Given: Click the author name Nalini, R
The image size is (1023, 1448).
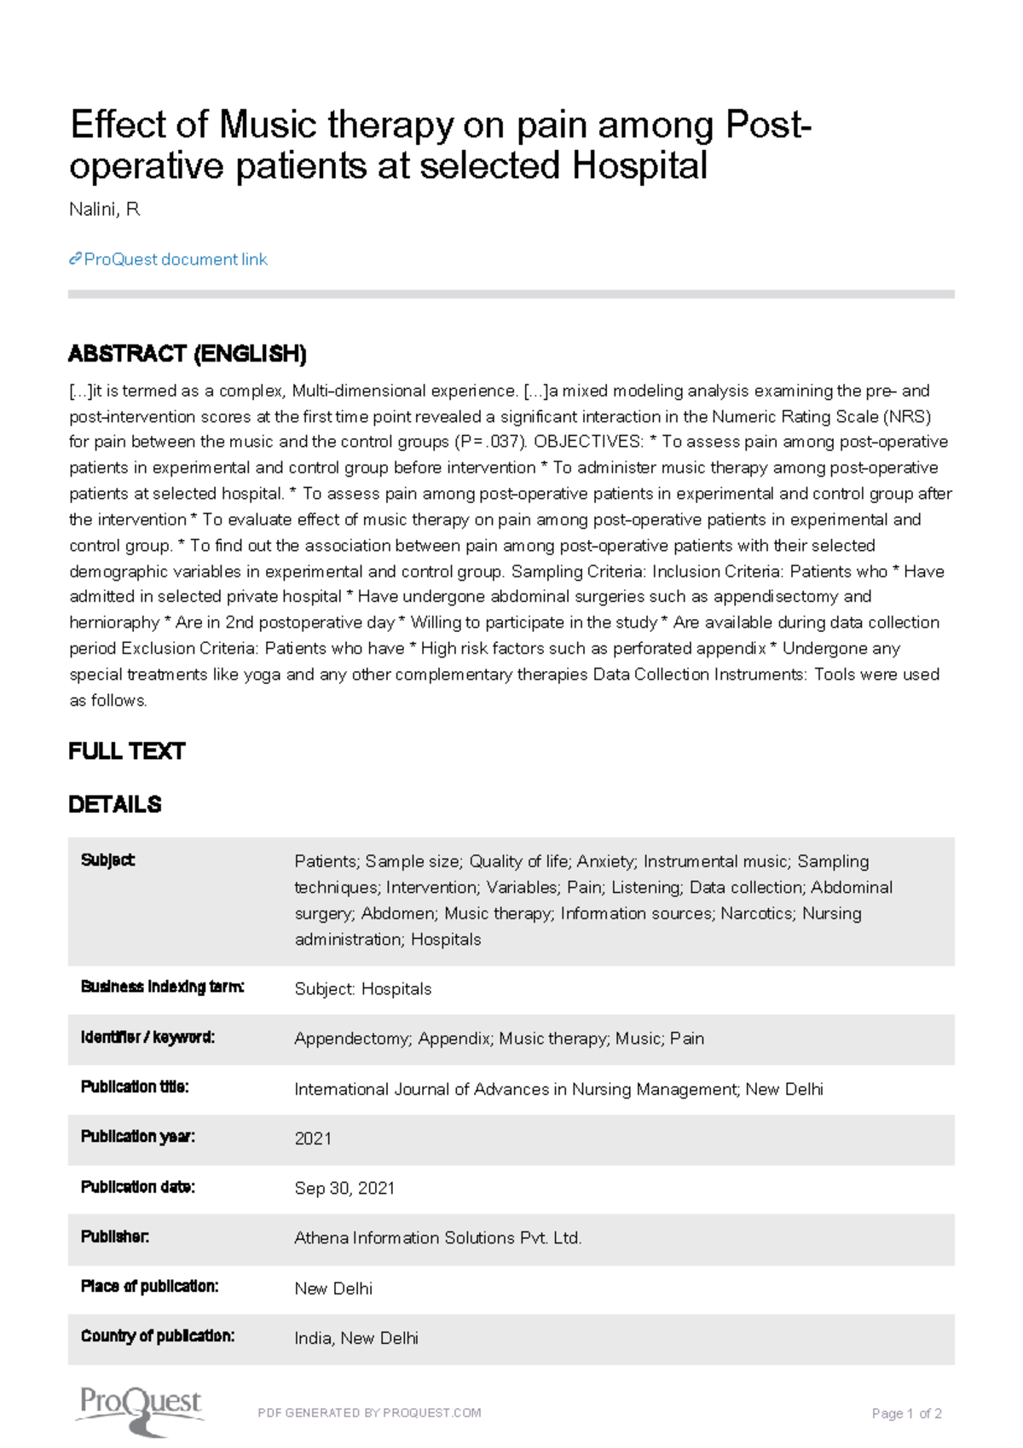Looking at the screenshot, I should pos(104,210).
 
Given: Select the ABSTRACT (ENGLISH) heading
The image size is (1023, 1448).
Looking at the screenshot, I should pos(187,353).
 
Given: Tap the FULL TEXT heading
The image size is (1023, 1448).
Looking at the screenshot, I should pos(126,751).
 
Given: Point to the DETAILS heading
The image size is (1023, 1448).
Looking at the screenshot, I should pos(114,804).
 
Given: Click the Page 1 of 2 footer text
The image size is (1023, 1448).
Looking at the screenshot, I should pos(905,1414).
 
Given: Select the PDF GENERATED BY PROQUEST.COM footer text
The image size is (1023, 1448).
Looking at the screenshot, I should pos(369,1413).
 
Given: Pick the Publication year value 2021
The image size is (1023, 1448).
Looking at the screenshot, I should pos(313,1138).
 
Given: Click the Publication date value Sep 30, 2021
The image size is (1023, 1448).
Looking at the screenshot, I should pos(344,1188).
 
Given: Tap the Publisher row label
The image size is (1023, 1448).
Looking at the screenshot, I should pos(114,1237).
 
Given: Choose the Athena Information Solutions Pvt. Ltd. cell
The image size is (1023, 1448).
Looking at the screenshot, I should pos(437,1238).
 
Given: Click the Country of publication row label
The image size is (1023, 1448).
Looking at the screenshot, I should pos(157,1336).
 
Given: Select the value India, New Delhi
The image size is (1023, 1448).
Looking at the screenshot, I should pos(355,1338).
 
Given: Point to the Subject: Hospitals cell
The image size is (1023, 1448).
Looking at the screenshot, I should pos(362,989).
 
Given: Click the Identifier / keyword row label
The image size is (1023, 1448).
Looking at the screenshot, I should pos(147,1038).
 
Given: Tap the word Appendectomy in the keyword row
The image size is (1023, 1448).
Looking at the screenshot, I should pos(352,1039).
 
